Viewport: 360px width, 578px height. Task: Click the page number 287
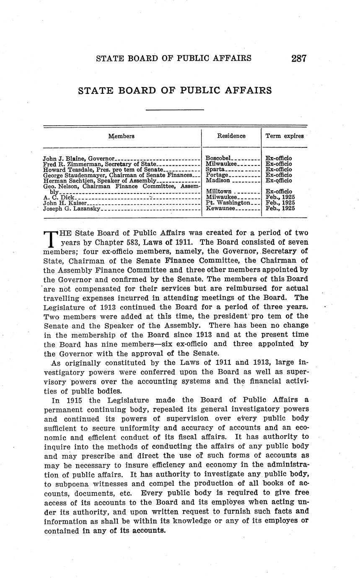(x=299, y=58)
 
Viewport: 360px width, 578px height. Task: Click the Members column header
(x=122, y=136)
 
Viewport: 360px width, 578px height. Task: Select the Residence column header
(x=231, y=136)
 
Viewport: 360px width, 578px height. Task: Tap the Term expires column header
(x=285, y=136)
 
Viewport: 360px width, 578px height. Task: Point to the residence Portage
(x=217, y=175)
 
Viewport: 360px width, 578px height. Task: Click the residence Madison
(x=218, y=181)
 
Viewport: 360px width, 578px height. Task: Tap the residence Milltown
(x=218, y=191)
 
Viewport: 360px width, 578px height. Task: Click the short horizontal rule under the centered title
(x=175, y=110)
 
